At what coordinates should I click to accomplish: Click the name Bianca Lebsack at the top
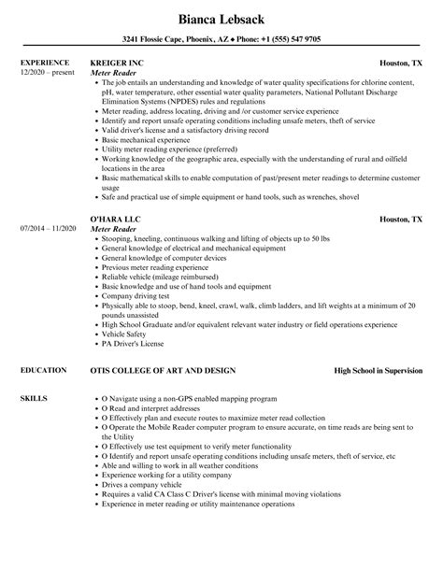coord(221,16)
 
